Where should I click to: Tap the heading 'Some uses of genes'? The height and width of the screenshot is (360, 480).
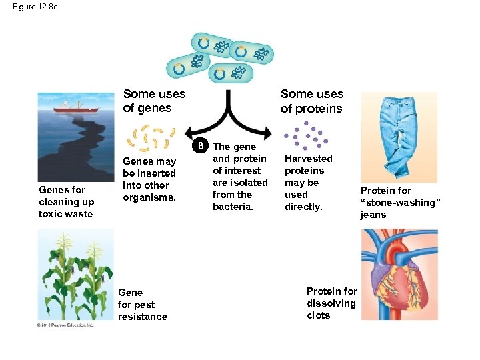[x=154, y=101]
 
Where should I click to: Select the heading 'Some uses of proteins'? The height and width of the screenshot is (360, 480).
[x=311, y=101]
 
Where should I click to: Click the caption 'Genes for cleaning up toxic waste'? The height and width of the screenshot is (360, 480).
[x=66, y=202]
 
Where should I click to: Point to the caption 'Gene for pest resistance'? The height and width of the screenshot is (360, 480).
[x=142, y=304]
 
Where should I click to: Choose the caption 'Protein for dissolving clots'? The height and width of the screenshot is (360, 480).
[x=331, y=303]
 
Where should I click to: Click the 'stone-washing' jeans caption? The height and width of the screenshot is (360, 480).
[x=400, y=203]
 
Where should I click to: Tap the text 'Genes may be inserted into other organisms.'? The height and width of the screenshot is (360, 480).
[x=149, y=179]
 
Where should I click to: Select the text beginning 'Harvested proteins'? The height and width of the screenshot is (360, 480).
[x=308, y=183]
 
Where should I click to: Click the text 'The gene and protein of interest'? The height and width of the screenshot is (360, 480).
[x=240, y=165]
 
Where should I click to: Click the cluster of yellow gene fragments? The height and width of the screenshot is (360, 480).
[x=152, y=139]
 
